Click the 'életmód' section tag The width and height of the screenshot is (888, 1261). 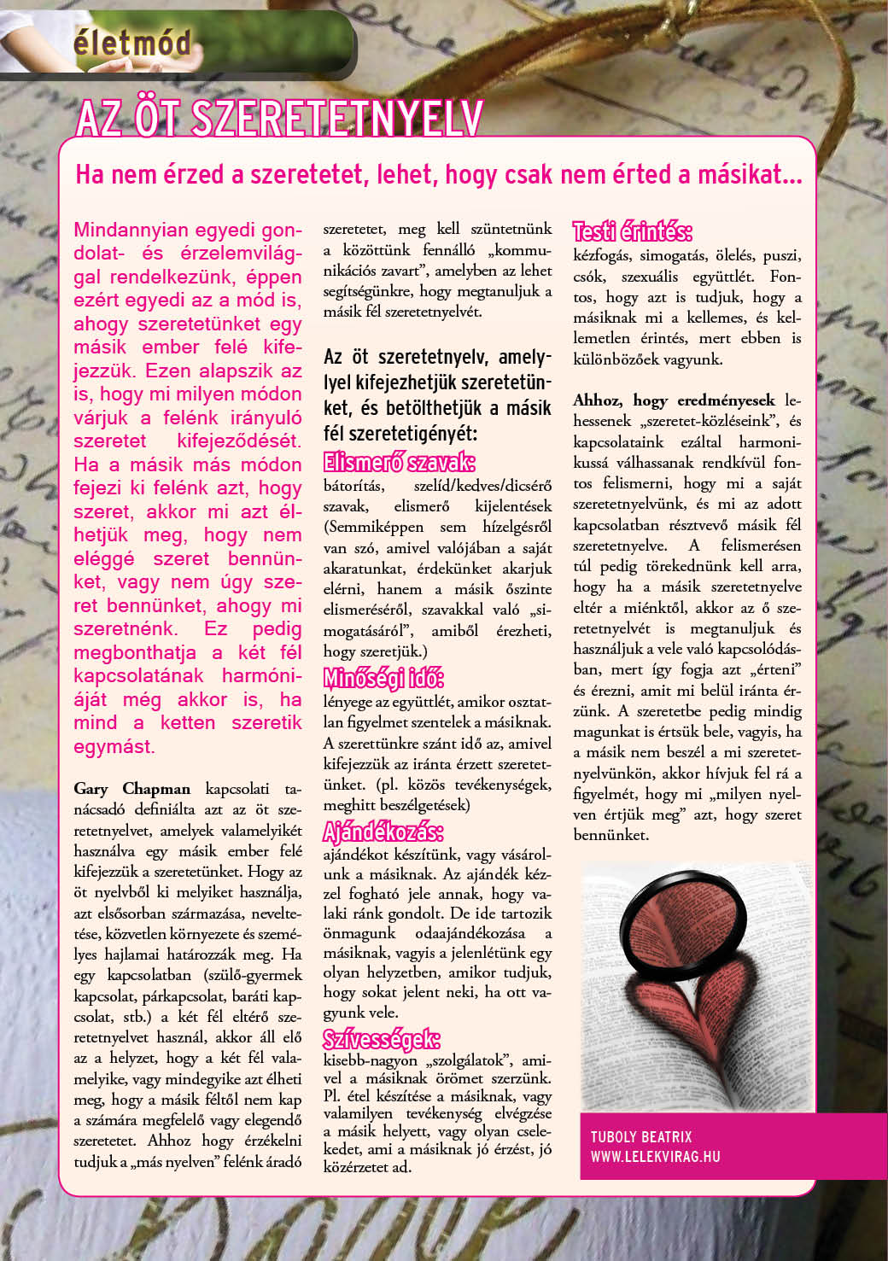(131, 42)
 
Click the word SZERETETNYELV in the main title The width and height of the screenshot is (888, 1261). (338, 119)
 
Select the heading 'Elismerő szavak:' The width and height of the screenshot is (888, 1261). (399, 463)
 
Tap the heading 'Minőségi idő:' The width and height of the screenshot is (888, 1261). (383, 680)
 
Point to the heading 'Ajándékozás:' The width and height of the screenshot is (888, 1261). (383, 832)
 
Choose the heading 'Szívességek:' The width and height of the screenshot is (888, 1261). (382, 1039)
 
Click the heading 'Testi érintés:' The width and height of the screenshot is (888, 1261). (632, 231)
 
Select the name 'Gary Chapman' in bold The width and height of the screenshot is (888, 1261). (131, 788)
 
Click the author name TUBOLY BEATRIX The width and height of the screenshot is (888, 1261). (641, 1136)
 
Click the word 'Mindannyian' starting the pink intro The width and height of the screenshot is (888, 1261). (131, 231)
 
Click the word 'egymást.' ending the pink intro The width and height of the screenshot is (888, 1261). (114, 746)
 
